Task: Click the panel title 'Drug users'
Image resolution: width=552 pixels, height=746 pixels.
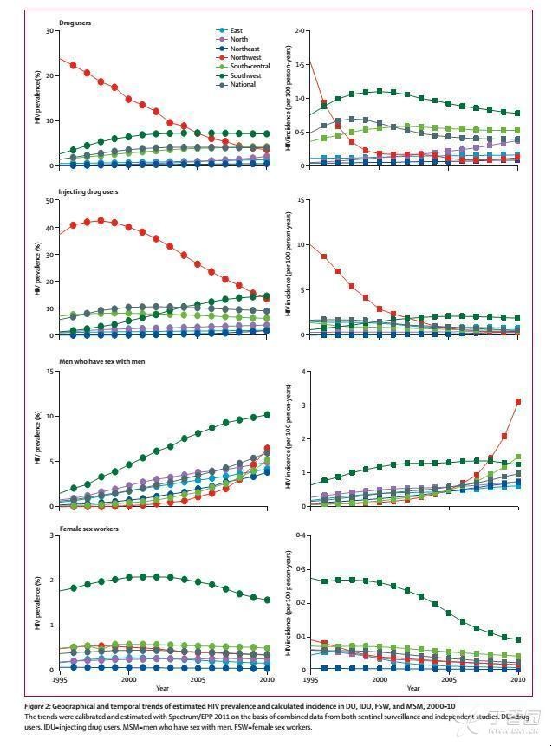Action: pyautogui.click(x=75, y=23)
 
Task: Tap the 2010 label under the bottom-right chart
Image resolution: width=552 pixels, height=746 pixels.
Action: pyautogui.click(x=518, y=679)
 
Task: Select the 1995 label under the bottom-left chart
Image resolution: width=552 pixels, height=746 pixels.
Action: pyautogui.click(x=59, y=679)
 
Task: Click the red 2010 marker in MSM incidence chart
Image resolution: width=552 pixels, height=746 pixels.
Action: pyautogui.click(x=518, y=401)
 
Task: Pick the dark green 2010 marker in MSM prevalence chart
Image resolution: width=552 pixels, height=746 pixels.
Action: pyautogui.click(x=268, y=415)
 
